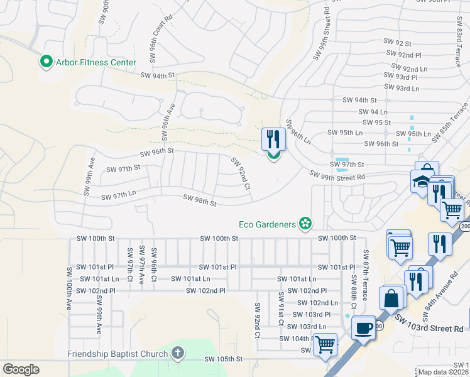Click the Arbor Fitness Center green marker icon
coord(45,62)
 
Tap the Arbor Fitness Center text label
coord(96,62)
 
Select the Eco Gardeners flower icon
coord(305,223)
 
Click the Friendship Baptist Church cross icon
coord(178,353)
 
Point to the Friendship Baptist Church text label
coord(117,354)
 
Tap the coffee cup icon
coord(363,328)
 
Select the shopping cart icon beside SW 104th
coord(324,344)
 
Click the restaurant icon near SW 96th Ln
coord(273,138)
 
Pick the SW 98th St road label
coord(200,200)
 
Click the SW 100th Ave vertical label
coord(69,288)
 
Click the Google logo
coord(21,369)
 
